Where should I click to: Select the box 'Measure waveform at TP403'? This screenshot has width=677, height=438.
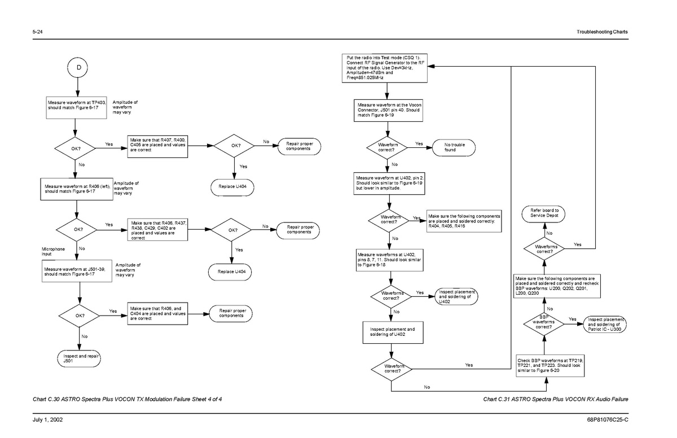click(76, 107)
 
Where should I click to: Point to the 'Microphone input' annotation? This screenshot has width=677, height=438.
click(53, 251)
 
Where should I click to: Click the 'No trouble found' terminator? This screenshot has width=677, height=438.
click(455, 147)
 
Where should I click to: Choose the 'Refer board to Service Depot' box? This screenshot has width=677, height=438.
click(544, 214)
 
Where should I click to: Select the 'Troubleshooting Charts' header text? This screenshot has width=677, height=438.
click(603, 32)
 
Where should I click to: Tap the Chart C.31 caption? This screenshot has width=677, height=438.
click(556, 400)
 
